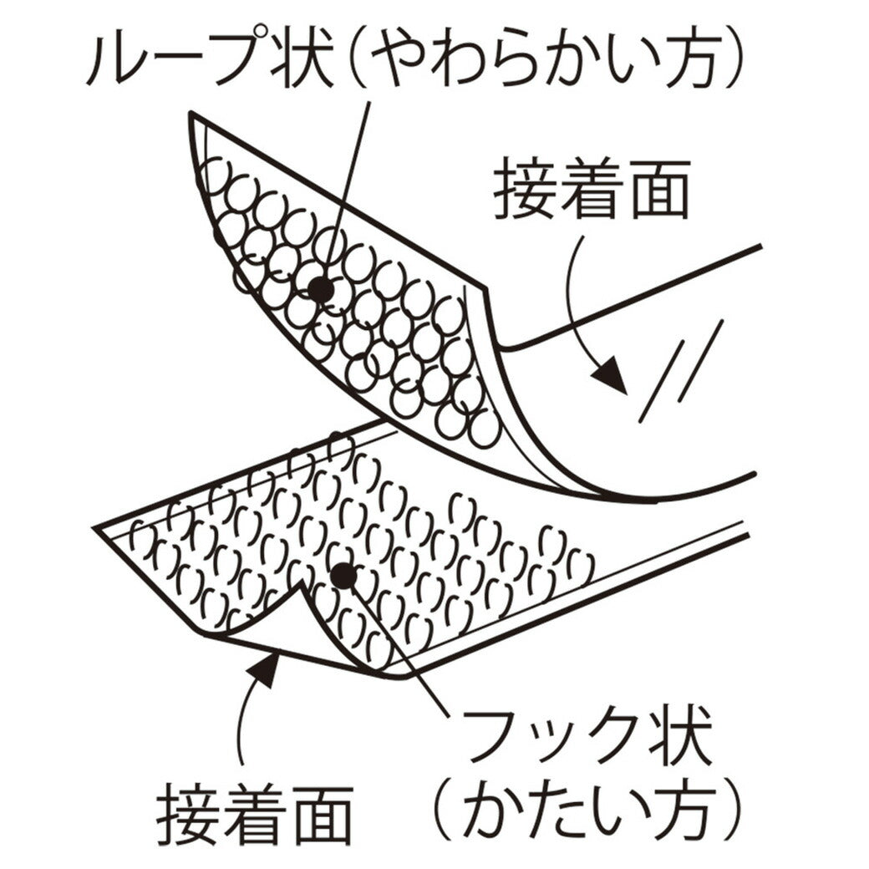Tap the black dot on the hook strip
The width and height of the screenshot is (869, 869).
pyautogui.click(x=342, y=576)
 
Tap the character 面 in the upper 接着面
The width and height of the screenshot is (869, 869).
pyautogui.click(x=658, y=191)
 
